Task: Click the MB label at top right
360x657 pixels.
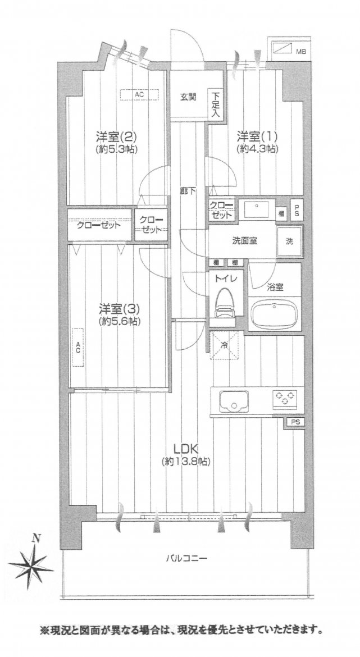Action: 301,52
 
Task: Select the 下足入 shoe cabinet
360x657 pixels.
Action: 216,105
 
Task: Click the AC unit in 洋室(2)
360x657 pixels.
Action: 139,95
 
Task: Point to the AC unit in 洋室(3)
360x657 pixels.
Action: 78,348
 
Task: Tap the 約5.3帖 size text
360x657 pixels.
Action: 117,149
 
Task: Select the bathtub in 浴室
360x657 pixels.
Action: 274,313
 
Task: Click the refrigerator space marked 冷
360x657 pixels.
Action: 225,346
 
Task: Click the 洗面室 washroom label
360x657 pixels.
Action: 245,241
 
